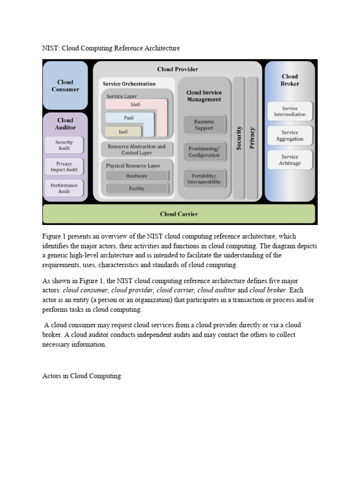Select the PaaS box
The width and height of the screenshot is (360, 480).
(x=129, y=118)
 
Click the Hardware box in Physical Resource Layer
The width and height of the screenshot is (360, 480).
(x=136, y=176)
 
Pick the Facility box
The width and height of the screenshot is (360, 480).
(x=136, y=188)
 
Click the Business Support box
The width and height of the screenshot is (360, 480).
(x=204, y=125)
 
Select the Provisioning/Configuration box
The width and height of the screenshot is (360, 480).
(x=204, y=152)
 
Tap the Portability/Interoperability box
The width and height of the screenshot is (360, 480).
(x=204, y=179)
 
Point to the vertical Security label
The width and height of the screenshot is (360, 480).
(x=239, y=138)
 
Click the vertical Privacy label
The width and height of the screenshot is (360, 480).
(x=252, y=138)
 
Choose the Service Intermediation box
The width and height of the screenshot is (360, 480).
(x=290, y=111)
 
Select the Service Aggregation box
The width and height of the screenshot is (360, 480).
(x=290, y=135)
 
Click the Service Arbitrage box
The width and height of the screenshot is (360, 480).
(x=290, y=160)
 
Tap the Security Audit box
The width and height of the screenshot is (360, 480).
(x=64, y=145)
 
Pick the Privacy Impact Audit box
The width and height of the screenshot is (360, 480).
(x=64, y=167)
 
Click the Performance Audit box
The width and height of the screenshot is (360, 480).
(x=64, y=188)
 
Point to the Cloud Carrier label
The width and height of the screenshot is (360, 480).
(x=179, y=214)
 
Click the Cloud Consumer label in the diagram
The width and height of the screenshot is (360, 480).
(x=65, y=85)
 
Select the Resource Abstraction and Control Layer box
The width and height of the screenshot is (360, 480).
(x=136, y=150)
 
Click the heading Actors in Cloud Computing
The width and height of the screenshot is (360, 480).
(x=82, y=376)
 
